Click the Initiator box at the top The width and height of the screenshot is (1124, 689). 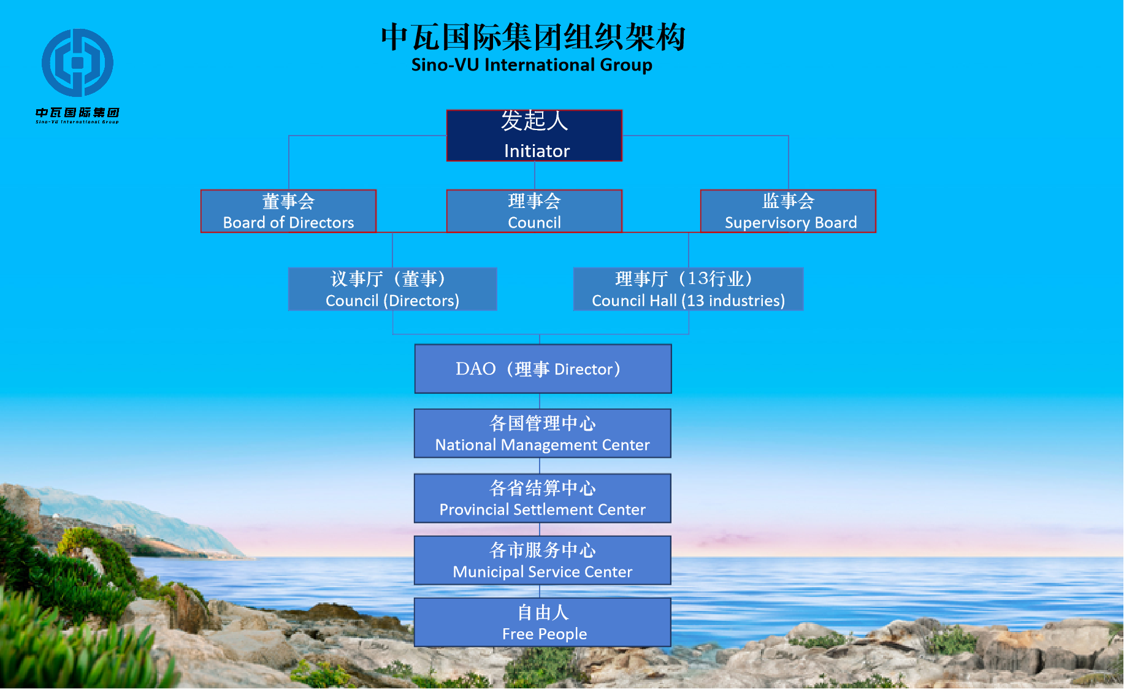point(534,136)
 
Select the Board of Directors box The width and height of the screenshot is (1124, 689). point(288,211)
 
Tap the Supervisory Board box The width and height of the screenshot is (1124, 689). point(788,211)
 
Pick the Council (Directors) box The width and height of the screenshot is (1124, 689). point(392,289)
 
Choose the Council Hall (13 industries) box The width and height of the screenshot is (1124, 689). point(688,289)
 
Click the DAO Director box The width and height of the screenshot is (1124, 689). point(543,369)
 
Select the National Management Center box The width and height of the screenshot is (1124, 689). point(543,433)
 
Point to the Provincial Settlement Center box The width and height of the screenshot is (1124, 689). point(543,498)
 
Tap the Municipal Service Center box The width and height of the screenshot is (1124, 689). point(543,560)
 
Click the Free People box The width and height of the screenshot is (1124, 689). point(543,622)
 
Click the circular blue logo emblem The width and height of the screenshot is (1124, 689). point(77,63)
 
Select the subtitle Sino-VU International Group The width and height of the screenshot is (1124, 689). point(532,65)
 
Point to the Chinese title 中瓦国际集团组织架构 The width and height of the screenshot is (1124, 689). point(533,37)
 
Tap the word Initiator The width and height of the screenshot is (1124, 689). point(537,151)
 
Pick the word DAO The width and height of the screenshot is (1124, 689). point(475,369)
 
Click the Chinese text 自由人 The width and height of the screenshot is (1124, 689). point(543,612)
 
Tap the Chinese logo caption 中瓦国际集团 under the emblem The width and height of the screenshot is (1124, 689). point(77,112)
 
